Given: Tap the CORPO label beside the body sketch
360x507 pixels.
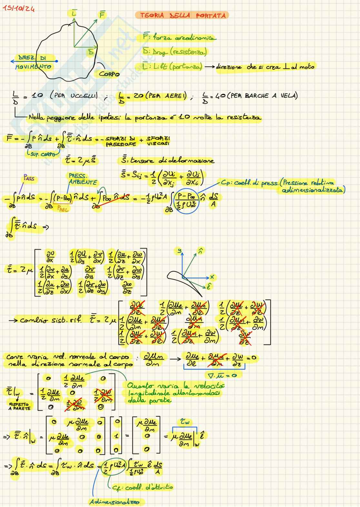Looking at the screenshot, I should pos(109,74).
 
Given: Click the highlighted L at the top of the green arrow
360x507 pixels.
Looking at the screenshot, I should pos(74,13).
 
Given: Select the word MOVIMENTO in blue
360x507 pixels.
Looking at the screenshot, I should pos(33,67).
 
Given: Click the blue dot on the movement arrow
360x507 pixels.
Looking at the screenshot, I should pos(57,61).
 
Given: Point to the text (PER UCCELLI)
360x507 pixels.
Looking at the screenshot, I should pos(74,96).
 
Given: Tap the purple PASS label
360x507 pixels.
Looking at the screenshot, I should pos(29,178).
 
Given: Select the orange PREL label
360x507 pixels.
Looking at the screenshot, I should pos(63,209).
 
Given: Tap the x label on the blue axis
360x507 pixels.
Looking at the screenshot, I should pos(212,277).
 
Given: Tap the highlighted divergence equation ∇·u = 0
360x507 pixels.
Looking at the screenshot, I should pos(224,375).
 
